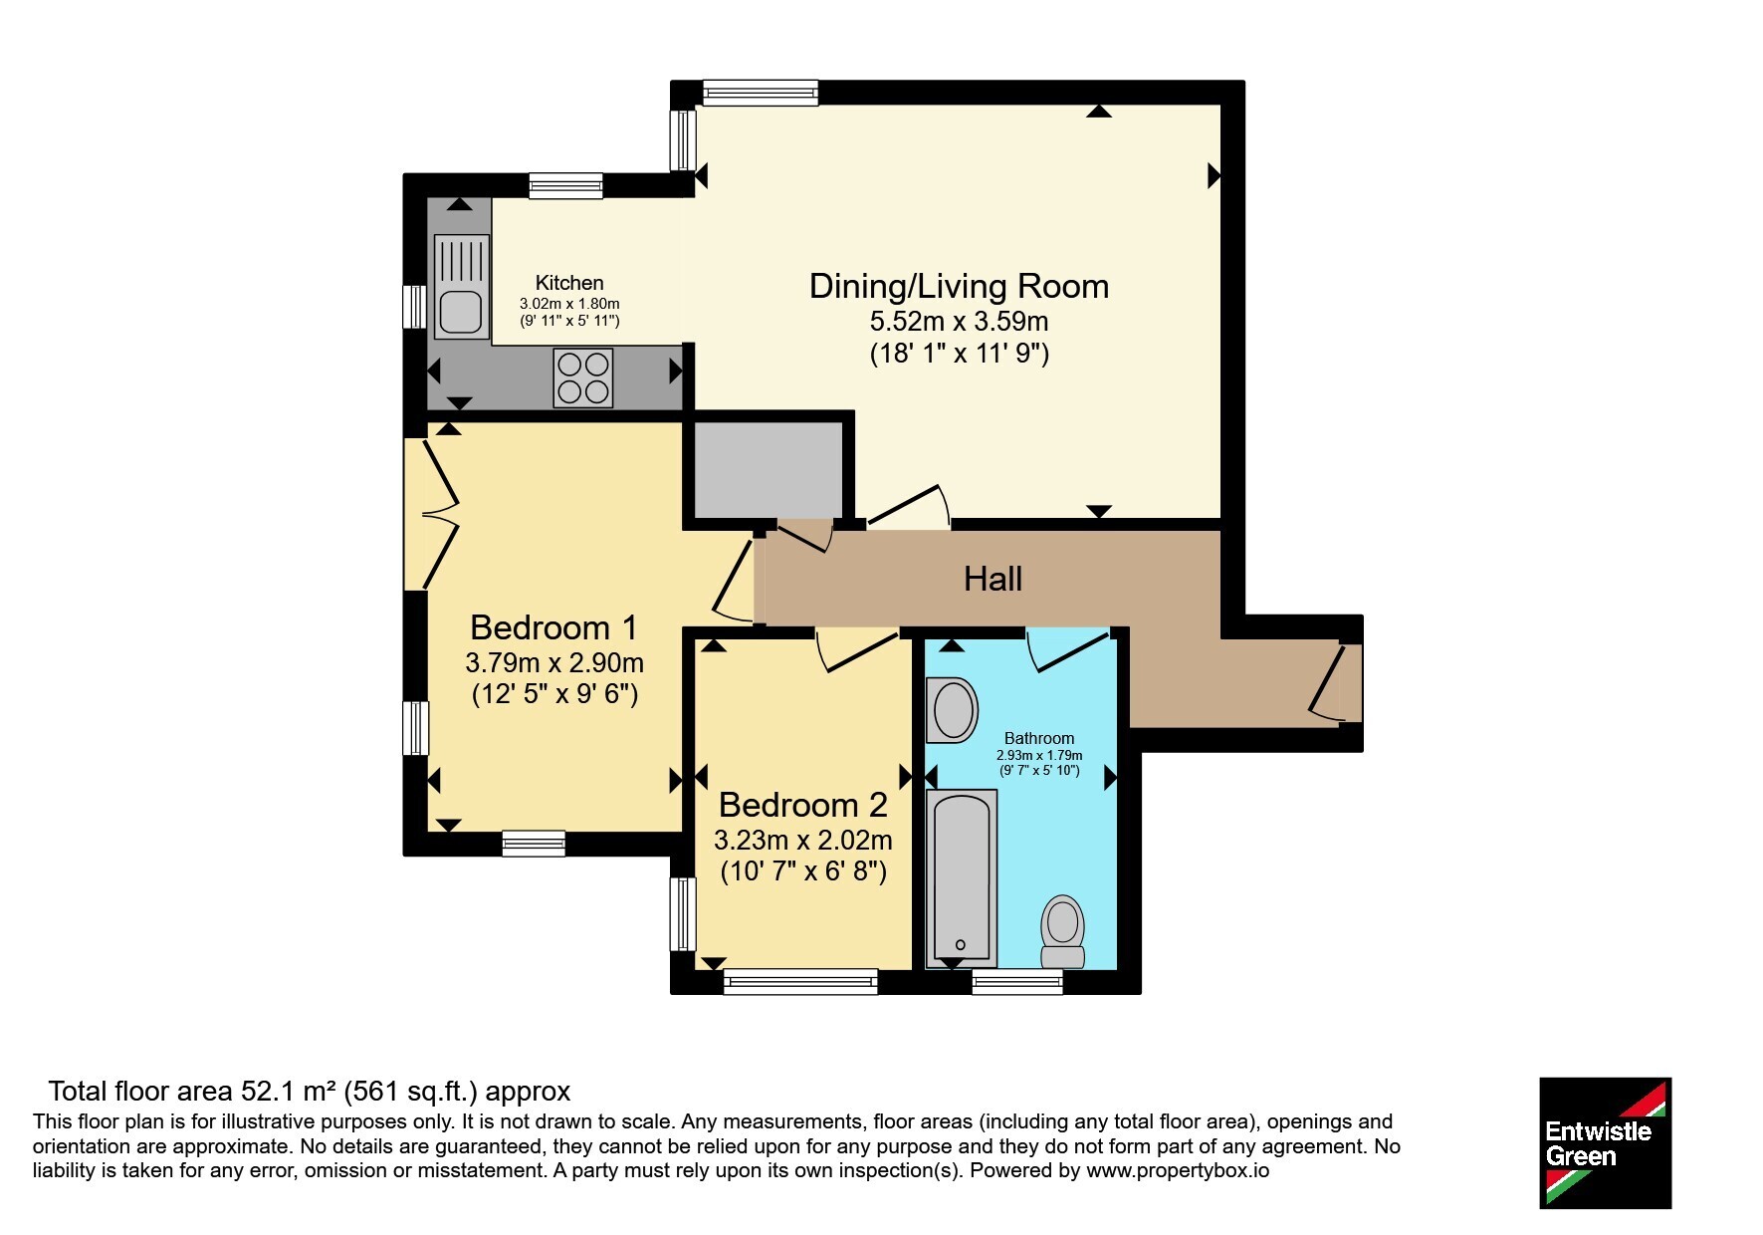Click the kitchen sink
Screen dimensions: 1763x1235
tap(462, 287)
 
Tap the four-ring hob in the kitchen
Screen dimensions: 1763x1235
tap(583, 377)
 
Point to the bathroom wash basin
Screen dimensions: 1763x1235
tap(952, 710)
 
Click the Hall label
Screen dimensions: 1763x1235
tap(992, 579)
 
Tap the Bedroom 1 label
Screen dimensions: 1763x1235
tap(553, 627)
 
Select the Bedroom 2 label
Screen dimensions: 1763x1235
tap(802, 804)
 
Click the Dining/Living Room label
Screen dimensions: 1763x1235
tap(959, 286)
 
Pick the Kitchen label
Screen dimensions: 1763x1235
tap(569, 283)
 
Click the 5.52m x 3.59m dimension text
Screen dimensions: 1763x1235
tap(959, 322)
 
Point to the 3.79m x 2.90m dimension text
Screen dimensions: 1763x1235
tap(554, 662)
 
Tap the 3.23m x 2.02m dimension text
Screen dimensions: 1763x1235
tap(802, 840)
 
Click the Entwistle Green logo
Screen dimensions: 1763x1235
tap(1605, 1143)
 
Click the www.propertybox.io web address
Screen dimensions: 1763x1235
tap(1178, 1171)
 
